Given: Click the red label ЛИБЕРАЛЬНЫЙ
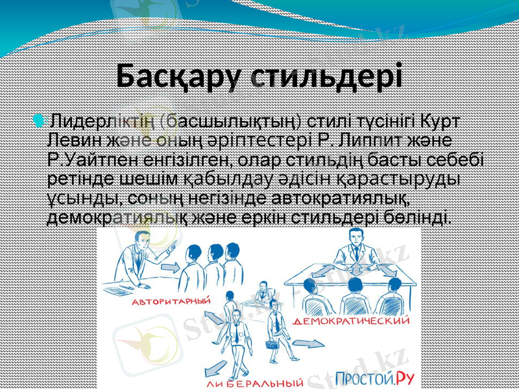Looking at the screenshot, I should [x=254, y=382].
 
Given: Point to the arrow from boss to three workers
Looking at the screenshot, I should [x=171, y=268].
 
